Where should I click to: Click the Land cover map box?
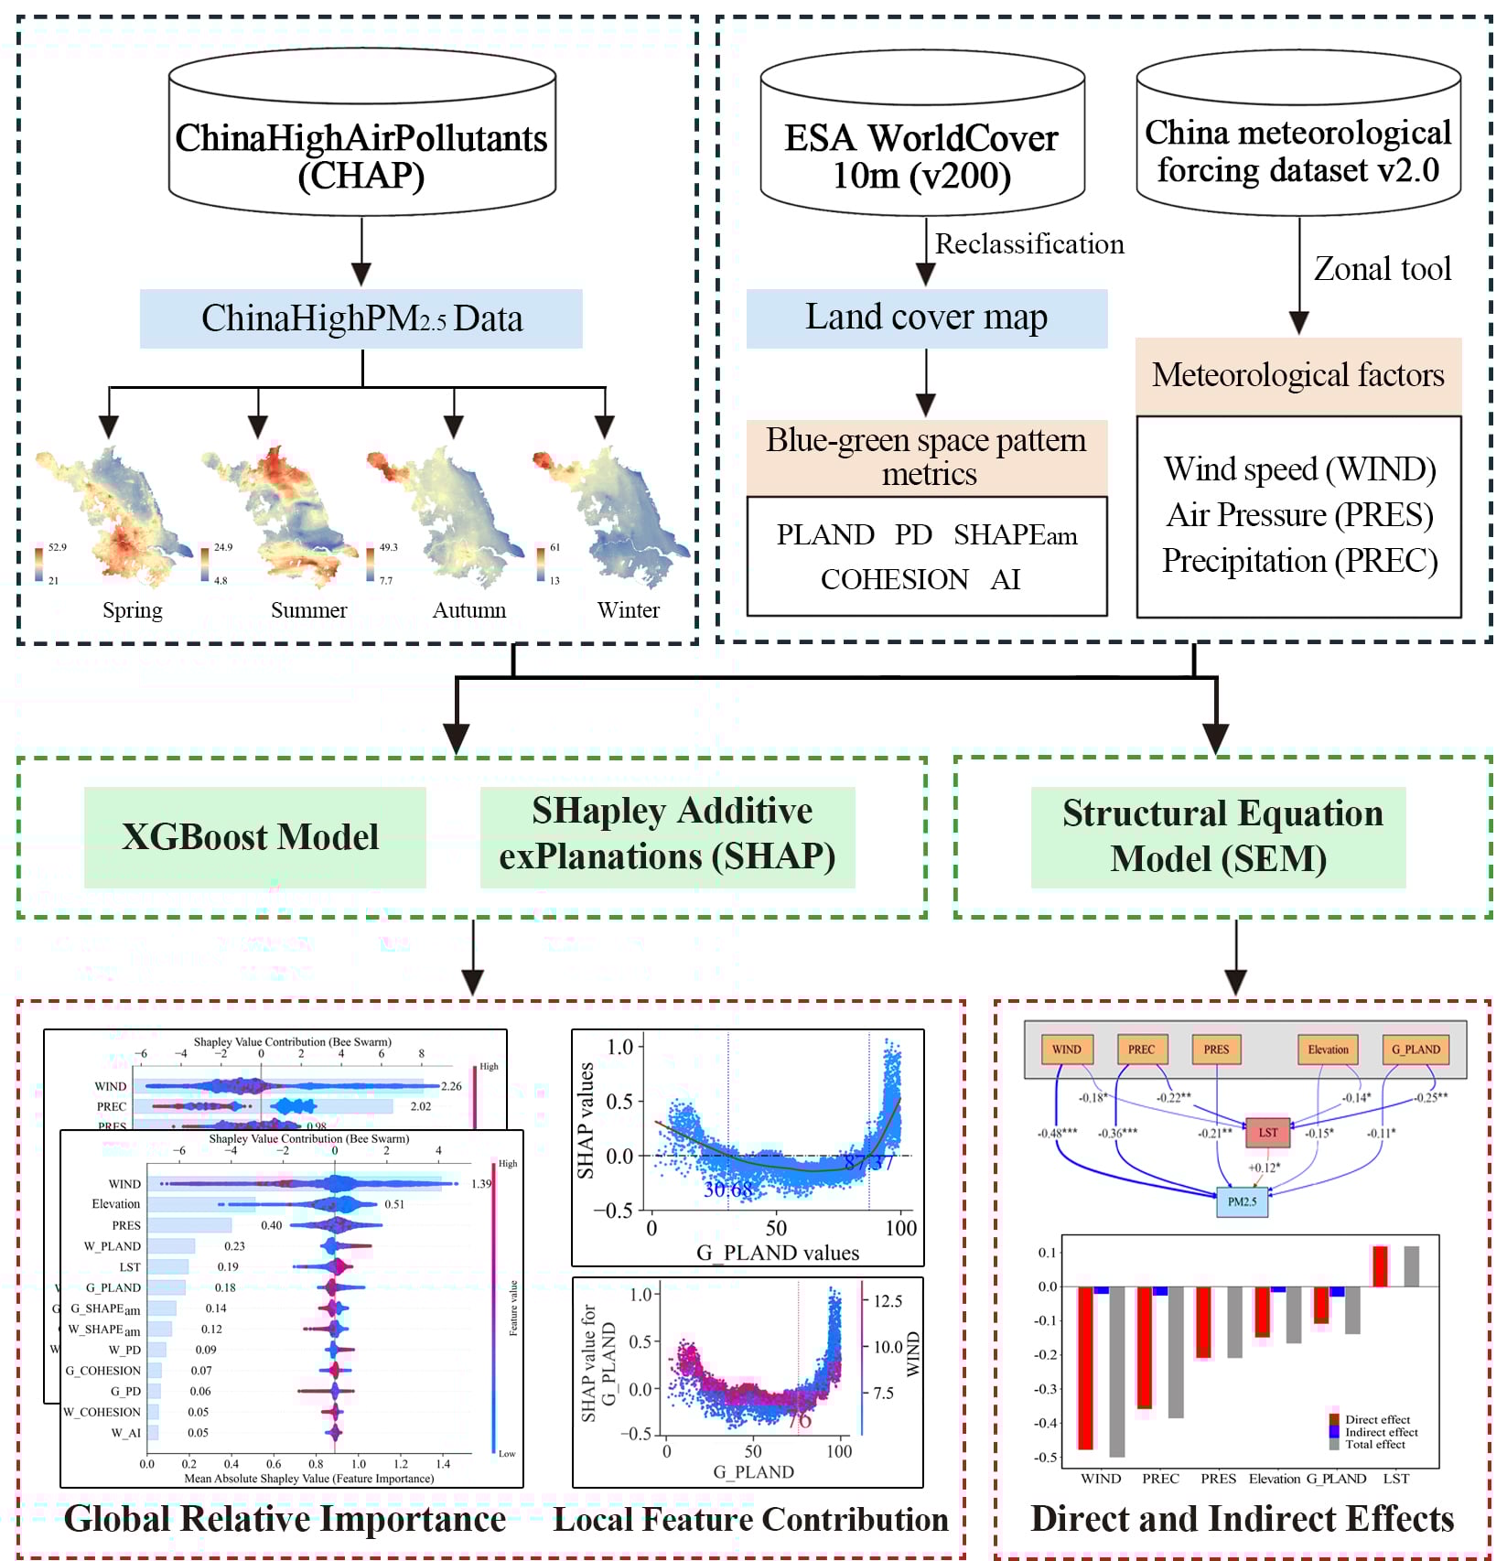(926, 318)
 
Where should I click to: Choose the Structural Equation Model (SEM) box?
(1218, 836)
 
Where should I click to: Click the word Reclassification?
(1029, 244)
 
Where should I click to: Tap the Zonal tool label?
(1382, 269)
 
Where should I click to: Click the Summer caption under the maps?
(308, 610)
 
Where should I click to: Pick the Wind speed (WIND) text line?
(1299, 469)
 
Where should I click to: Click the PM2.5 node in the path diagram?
(1242, 1201)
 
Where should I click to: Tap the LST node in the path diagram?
(1267, 1133)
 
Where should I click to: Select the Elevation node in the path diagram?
(1327, 1050)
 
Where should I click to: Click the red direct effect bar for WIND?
(1086, 1367)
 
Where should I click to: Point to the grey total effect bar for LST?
(1411, 1266)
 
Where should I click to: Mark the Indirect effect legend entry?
(1380, 1432)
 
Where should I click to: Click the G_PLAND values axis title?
(778, 1253)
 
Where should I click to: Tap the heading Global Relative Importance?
(285, 1519)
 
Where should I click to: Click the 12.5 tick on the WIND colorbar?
(888, 1301)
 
